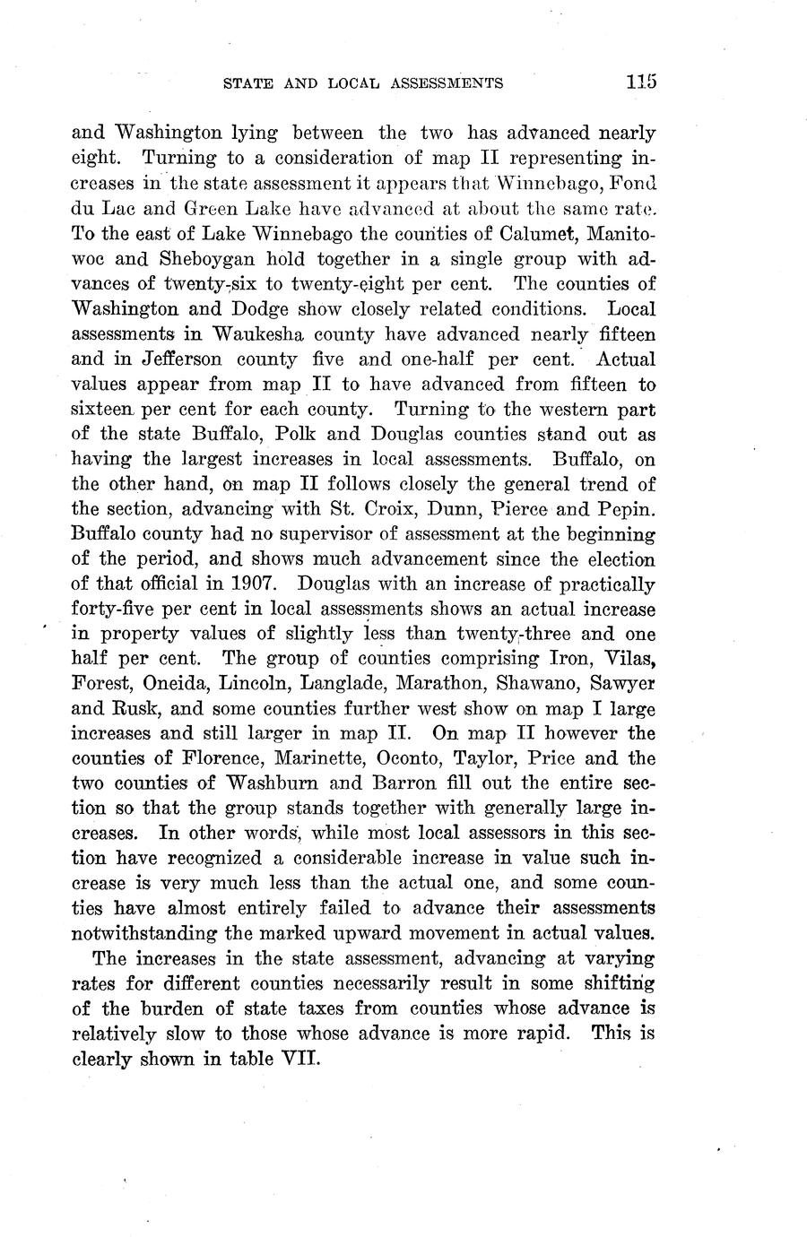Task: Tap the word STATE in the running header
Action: click(245, 83)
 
